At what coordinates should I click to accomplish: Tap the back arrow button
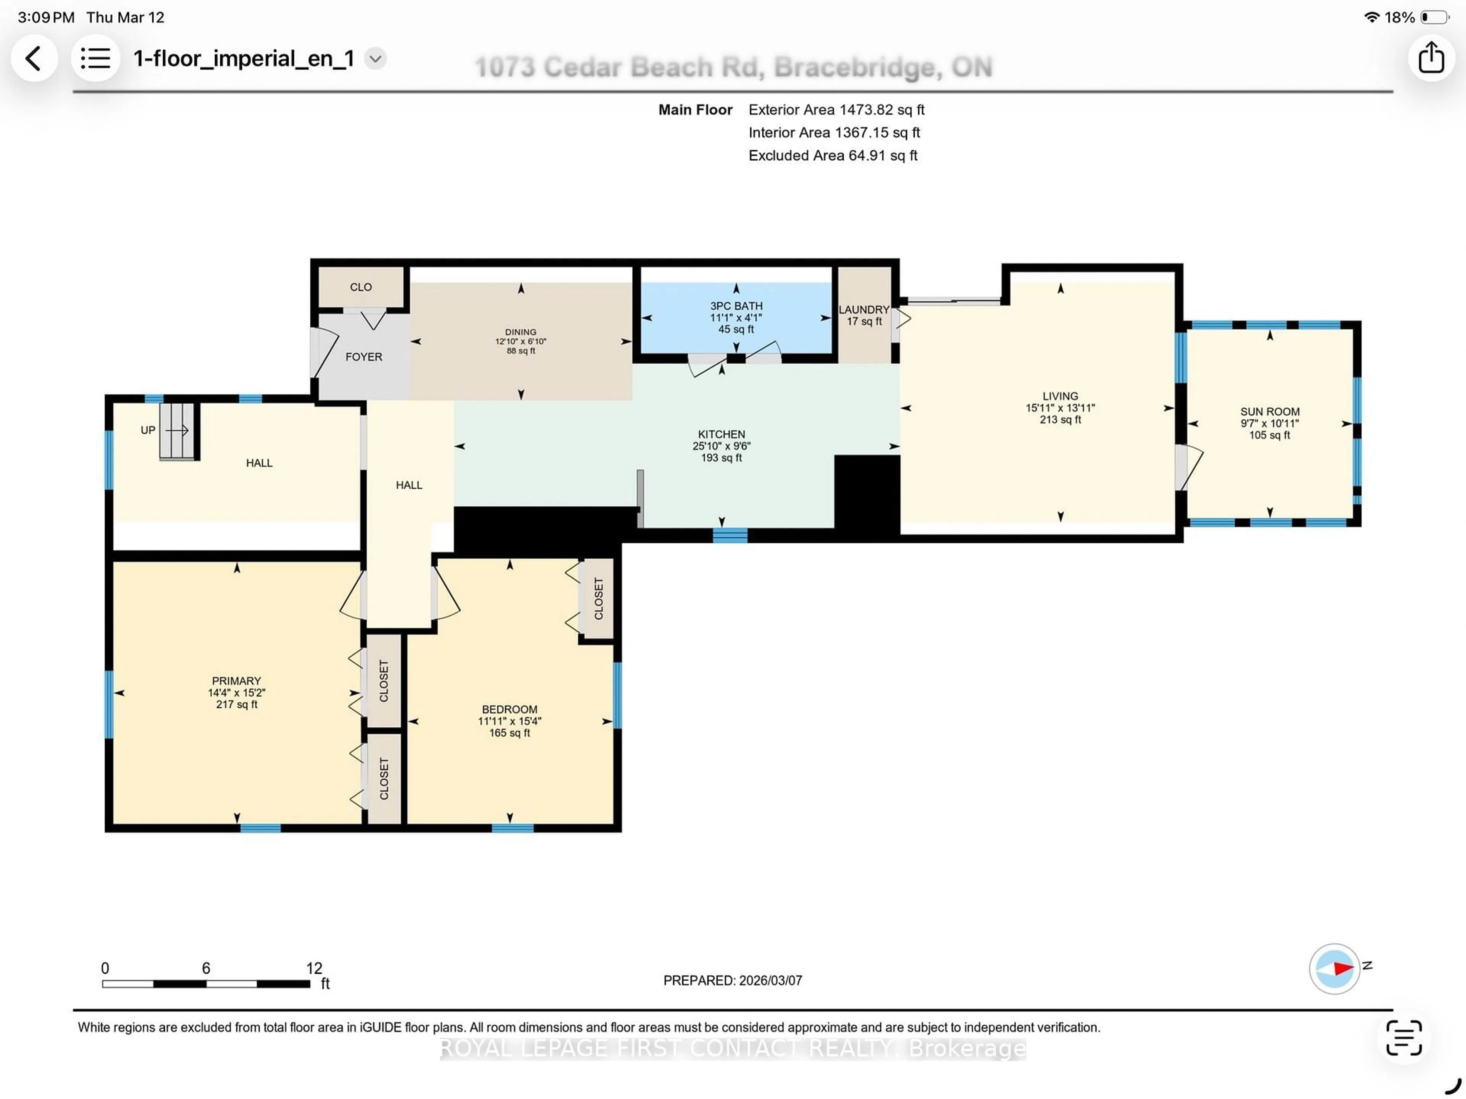(x=33, y=58)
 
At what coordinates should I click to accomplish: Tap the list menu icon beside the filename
(x=95, y=58)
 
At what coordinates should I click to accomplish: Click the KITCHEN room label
(x=721, y=434)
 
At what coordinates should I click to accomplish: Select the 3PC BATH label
(x=736, y=305)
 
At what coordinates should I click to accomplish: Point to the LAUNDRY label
(x=864, y=310)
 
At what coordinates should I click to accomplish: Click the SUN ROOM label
(x=1269, y=412)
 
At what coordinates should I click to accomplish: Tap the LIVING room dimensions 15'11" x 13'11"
(x=1060, y=408)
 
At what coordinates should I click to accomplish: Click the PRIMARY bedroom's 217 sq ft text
(x=237, y=705)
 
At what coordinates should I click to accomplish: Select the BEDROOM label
(x=509, y=709)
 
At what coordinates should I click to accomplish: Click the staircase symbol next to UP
(x=177, y=431)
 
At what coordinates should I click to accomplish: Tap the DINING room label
(x=520, y=331)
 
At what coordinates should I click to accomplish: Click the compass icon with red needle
(x=1334, y=968)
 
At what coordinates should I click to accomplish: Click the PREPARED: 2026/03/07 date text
(x=732, y=980)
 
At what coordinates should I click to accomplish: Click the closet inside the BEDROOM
(x=598, y=598)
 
